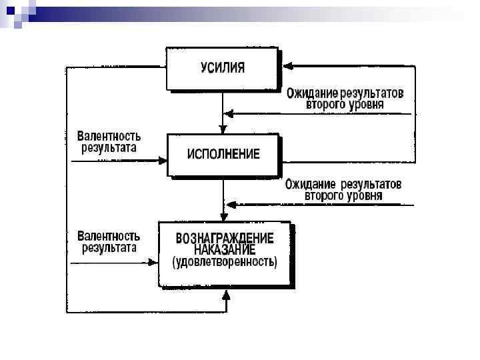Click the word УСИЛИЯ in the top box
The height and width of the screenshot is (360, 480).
tap(223, 67)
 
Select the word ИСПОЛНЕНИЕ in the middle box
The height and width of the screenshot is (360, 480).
tap(223, 154)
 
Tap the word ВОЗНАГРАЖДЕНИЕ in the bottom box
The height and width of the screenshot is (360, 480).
tap(225, 238)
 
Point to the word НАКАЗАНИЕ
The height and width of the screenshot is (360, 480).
tap(225, 249)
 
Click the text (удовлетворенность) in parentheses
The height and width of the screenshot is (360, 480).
tap(225, 262)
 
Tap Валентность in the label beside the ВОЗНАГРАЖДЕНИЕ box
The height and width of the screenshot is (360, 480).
tap(109, 236)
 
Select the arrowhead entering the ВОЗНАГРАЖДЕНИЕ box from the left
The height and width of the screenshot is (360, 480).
tap(154, 264)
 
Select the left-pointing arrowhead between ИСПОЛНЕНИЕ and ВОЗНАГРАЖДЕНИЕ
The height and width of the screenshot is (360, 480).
tap(228, 203)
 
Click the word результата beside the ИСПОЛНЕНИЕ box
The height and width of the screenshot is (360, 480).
tap(105, 147)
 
